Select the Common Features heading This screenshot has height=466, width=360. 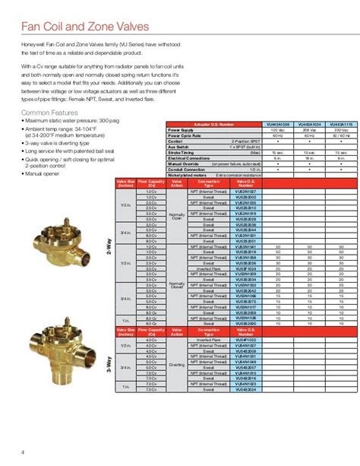coord(52,113)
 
